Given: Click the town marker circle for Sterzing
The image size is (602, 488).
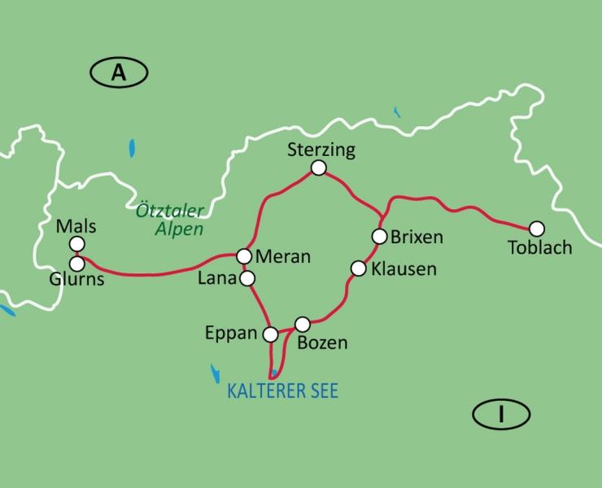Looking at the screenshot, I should [319, 168].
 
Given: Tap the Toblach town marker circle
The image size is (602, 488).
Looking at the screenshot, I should [536, 229].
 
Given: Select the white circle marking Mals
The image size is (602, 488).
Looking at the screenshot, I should [77, 244].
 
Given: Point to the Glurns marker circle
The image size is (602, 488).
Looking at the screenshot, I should [77, 264].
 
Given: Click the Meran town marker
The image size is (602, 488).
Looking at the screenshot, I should [243, 256].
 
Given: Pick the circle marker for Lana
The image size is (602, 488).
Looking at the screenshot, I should [248, 279].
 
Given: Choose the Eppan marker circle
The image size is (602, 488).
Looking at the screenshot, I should [272, 333].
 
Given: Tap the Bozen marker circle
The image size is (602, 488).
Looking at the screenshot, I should [302, 324].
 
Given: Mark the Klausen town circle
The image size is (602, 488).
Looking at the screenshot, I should [357, 268].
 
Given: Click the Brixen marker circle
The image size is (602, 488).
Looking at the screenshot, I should [379, 237].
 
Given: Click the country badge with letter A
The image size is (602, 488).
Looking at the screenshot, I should [119, 73].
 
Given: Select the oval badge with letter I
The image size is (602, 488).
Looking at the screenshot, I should [501, 415].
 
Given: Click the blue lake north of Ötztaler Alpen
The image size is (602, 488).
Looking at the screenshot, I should [132, 150].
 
